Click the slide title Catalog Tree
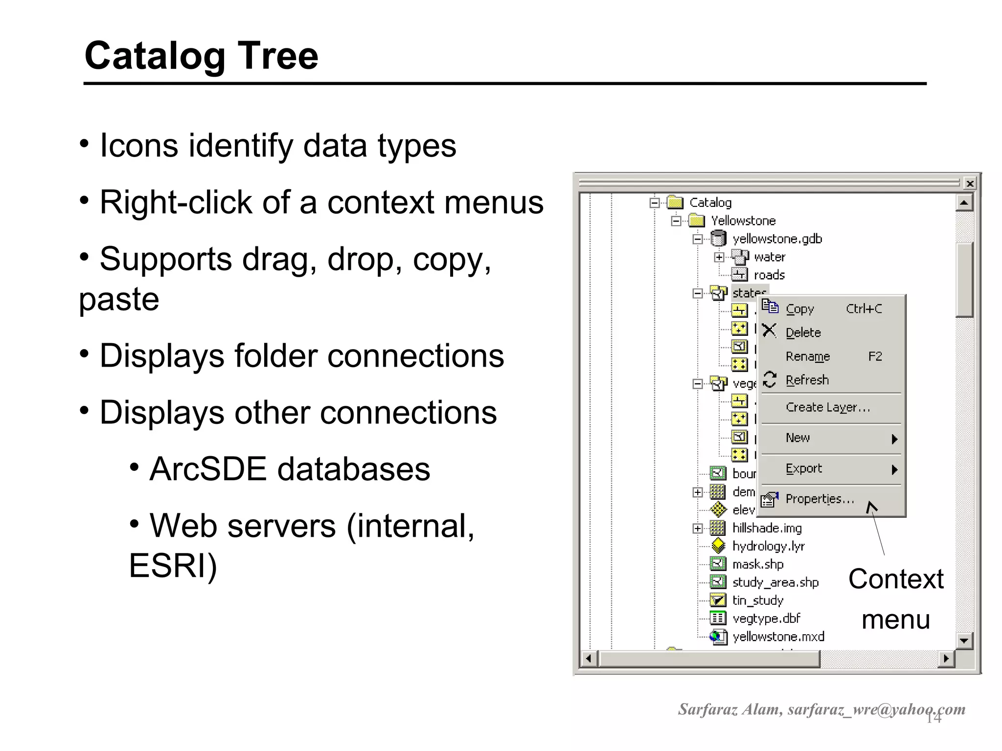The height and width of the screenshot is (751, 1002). click(201, 56)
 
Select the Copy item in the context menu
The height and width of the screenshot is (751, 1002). click(799, 309)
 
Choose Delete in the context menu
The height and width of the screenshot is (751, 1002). click(803, 333)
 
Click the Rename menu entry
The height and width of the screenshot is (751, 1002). click(807, 356)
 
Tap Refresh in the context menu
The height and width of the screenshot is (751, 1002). click(807, 380)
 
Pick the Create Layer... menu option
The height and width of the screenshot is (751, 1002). click(827, 407)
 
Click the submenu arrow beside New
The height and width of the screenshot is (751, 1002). click(894, 439)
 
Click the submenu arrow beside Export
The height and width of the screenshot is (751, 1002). click(894, 470)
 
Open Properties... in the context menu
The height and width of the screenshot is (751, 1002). click(820, 499)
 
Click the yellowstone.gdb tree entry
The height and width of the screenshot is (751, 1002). click(776, 239)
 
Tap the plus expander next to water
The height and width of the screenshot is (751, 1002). click(719, 257)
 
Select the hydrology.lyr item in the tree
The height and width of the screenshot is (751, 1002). click(768, 546)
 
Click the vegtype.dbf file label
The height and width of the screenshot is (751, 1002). click(766, 618)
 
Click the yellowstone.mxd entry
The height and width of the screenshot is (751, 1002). click(778, 637)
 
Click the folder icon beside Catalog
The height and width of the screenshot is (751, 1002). click(675, 202)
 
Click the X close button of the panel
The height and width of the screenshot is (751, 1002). click(970, 184)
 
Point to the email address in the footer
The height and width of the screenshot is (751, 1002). click(876, 709)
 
